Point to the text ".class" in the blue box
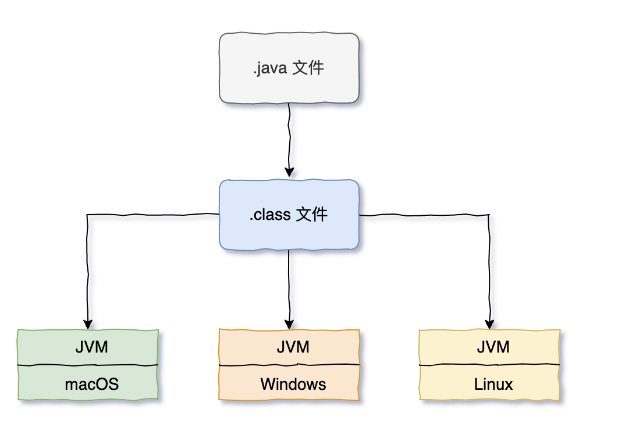[271, 215]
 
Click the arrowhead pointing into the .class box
[289, 172]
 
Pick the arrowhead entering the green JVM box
[88, 323]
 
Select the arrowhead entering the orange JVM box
[289, 323]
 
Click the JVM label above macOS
[91, 347]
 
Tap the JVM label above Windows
[293, 347]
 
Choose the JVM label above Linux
[493, 347]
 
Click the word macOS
[91, 384]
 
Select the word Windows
[293, 384]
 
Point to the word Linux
[493, 384]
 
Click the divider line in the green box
[47, 365]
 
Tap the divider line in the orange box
[250, 365]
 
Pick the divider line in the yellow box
[454, 365]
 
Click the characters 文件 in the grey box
[308, 69]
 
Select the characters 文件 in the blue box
[312, 215]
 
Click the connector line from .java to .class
[289, 134]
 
